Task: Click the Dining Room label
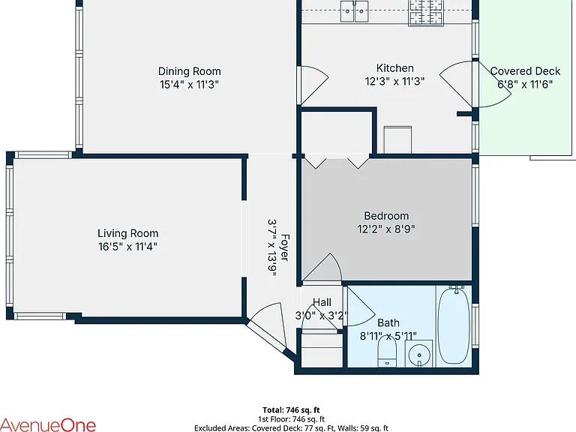click(190, 71)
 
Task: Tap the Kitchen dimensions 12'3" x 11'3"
click(395, 81)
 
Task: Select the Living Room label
click(127, 233)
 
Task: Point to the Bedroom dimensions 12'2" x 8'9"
click(386, 229)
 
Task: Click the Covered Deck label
click(525, 71)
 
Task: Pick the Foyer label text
click(285, 247)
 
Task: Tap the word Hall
click(322, 302)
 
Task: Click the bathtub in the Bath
click(454, 325)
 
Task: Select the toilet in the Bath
click(387, 351)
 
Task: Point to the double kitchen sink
click(354, 11)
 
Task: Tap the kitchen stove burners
click(426, 13)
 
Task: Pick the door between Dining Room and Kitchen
click(312, 85)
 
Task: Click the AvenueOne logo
click(48, 424)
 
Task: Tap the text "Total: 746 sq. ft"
click(291, 410)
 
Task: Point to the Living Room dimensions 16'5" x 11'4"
click(127, 247)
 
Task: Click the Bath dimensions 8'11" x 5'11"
click(388, 336)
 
